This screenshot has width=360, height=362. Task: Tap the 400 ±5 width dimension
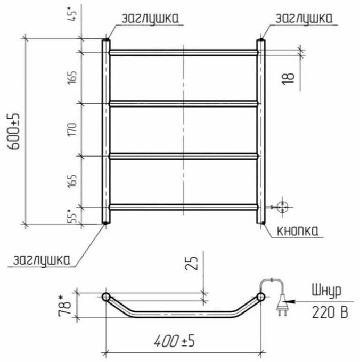click(175, 341)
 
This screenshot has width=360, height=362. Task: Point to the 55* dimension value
click(71, 216)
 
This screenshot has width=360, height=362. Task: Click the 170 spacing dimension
click(72, 129)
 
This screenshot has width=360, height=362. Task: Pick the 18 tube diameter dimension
click(289, 79)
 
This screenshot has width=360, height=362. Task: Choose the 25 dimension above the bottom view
click(191, 263)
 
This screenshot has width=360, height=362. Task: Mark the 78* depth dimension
click(64, 305)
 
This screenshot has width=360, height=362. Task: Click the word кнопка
click(297, 231)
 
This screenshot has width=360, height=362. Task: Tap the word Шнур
click(326, 291)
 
